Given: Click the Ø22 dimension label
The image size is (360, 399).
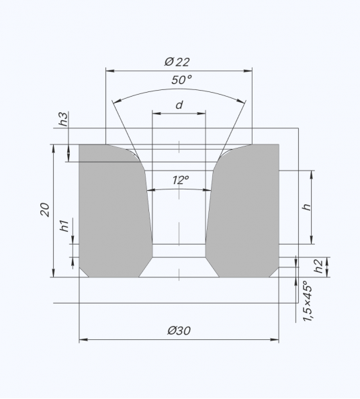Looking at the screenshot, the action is [x=177, y=62].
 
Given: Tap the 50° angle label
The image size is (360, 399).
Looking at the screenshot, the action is [x=181, y=80].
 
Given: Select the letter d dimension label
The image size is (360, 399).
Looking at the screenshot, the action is [x=179, y=105].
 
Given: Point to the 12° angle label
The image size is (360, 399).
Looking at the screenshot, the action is [x=181, y=180].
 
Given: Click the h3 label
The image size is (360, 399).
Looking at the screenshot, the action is [x=64, y=119].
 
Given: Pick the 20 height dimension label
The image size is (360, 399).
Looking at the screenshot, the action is [x=45, y=210].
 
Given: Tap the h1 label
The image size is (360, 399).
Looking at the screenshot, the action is [x=64, y=226].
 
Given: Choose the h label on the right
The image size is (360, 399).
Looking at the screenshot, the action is [x=307, y=207].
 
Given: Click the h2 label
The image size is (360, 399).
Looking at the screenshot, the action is [x=318, y=266].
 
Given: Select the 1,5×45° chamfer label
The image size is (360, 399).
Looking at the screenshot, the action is [x=308, y=301].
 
